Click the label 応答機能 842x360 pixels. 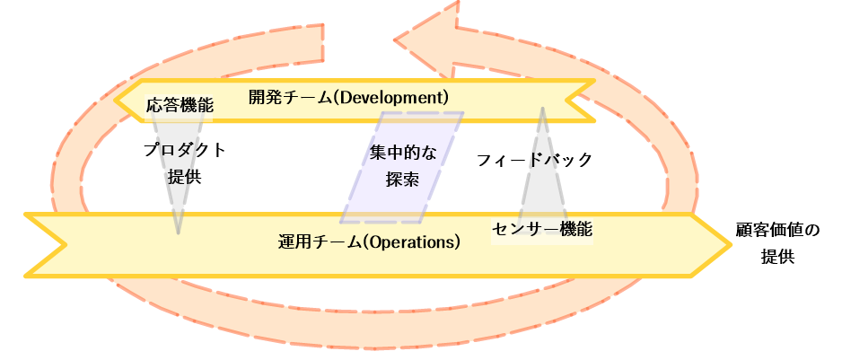tap(180, 104)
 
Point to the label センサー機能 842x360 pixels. tap(543, 229)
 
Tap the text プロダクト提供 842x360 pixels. tap(184, 162)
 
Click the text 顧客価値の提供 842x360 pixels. tap(777, 242)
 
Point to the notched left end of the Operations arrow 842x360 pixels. tap(54, 244)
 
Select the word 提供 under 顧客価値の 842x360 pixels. tap(777, 257)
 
